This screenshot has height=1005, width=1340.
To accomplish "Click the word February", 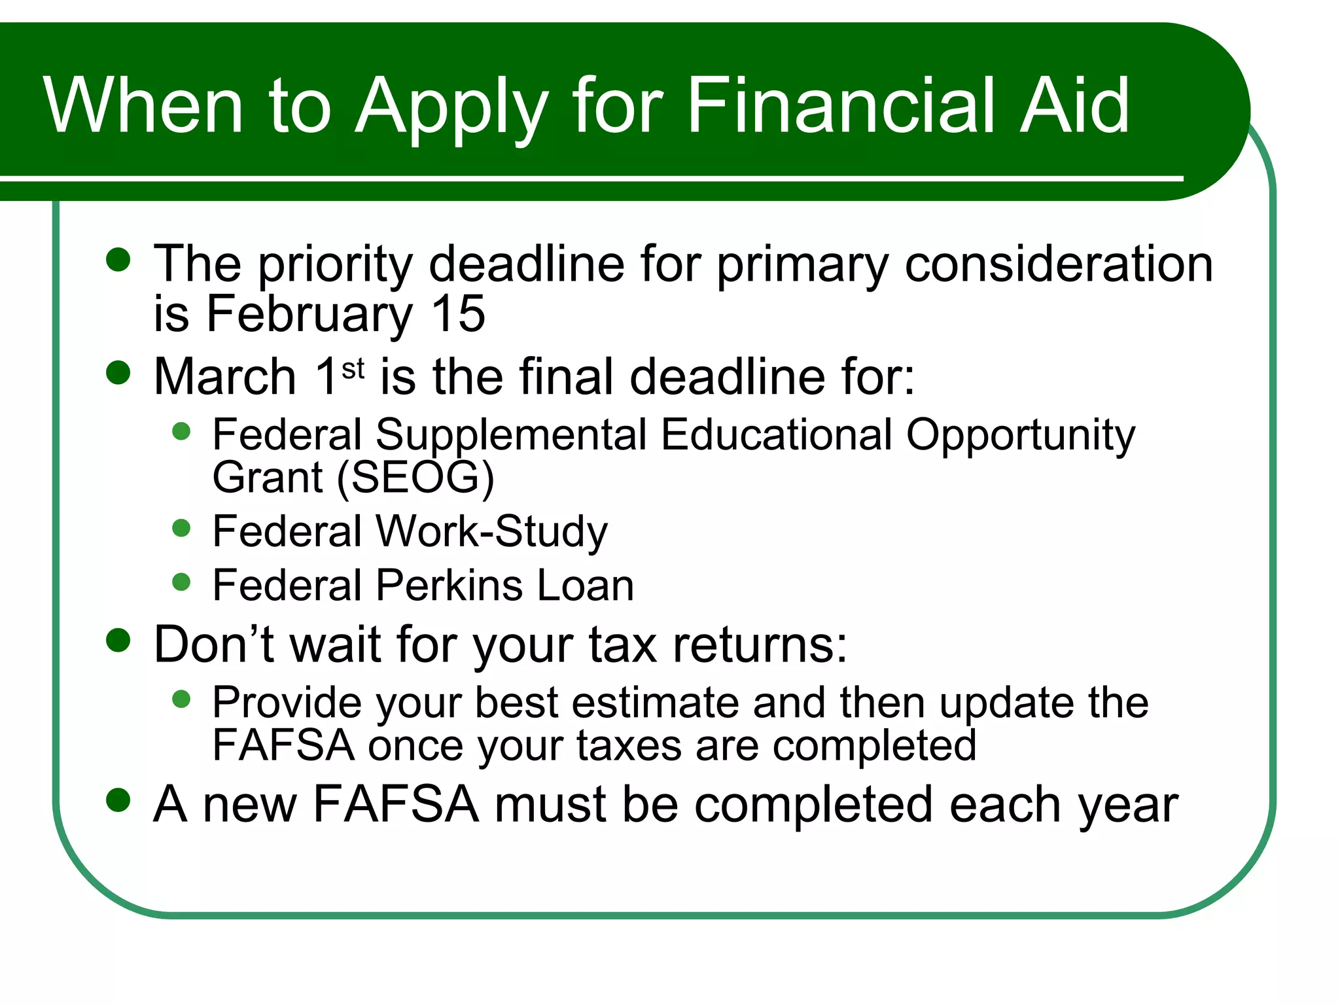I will click(309, 315).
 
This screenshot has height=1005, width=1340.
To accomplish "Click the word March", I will click(225, 378).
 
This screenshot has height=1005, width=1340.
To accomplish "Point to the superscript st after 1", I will click(353, 369).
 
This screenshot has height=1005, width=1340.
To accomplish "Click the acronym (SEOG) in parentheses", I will click(415, 478).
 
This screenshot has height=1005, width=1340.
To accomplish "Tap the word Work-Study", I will click(492, 531).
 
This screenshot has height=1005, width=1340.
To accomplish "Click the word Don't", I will click(213, 644).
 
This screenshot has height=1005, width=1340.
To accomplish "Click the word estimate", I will click(655, 703).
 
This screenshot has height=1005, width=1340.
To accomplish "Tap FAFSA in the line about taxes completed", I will click(283, 745).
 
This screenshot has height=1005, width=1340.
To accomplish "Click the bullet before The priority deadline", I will click(118, 259).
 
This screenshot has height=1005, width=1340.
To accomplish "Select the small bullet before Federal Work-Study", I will click(181, 527).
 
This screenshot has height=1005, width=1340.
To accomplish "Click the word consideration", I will click(1059, 264).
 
